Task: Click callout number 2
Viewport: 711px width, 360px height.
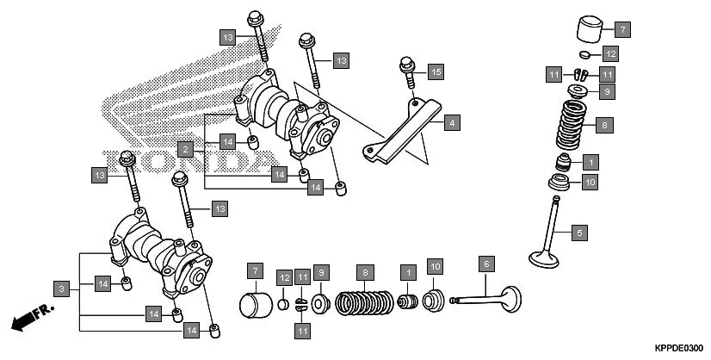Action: pyautogui.click(x=184, y=149)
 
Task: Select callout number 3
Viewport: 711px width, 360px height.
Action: pyautogui.click(x=61, y=289)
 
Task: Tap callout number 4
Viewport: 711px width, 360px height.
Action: pyautogui.click(x=451, y=123)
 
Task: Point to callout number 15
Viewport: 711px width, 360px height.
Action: pyautogui.click(x=436, y=72)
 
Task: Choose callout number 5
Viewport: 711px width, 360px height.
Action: pyautogui.click(x=580, y=232)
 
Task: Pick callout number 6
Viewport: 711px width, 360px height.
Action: pyautogui.click(x=486, y=264)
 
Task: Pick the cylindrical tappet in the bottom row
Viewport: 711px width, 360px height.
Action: pyautogui.click(x=254, y=305)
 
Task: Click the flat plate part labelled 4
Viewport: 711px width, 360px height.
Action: pyautogui.click(x=405, y=129)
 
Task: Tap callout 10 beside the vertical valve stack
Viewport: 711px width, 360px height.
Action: pyautogui.click(x=590, y=182)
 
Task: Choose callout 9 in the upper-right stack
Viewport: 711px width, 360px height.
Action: pyautogui.click(x=606, y=90)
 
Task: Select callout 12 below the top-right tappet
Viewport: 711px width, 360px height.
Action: pyautogui.click(x=610, y=54)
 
